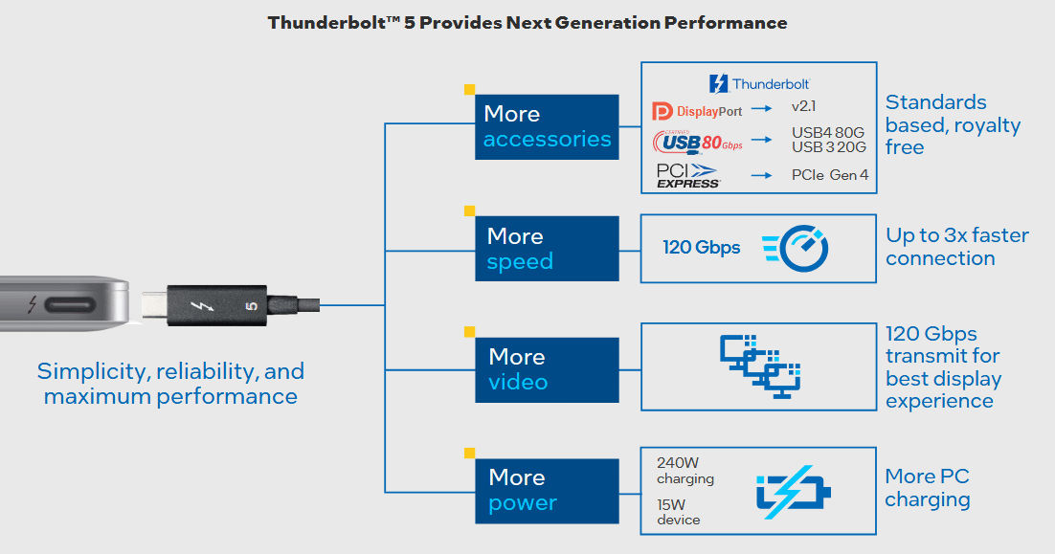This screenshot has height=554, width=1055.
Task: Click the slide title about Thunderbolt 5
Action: coord(527,22)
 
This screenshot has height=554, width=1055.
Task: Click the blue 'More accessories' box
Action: coord(547,126)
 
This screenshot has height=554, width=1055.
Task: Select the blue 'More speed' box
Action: coord(547,249)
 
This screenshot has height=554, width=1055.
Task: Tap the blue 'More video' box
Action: coord(547,369)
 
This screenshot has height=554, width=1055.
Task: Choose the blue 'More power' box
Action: coord(547,490)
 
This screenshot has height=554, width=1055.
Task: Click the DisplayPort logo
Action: coord(697,111)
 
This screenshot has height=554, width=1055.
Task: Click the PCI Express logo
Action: coord(688,175)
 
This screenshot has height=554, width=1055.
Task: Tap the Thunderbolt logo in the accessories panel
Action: coord(759,84)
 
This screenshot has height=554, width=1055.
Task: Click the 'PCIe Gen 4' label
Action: coord(829,175)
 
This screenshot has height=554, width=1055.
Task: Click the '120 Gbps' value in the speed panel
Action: coord(701,248)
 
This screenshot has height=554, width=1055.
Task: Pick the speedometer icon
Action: coord(798,248)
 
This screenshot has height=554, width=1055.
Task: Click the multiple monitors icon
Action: coord(760,365)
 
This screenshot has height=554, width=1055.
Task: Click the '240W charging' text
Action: coord(685,471)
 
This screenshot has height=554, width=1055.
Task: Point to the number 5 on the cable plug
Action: coord(252,307)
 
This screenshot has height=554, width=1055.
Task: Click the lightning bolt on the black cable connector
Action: coord(203,307)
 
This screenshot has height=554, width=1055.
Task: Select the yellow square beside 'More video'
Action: coord(469,332)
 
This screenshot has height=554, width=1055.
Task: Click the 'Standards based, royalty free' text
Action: coord(953,124)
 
